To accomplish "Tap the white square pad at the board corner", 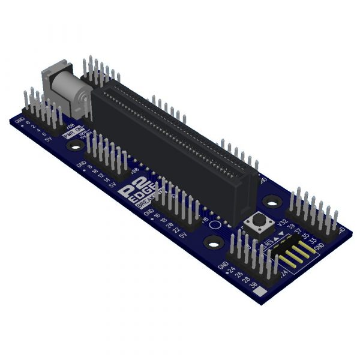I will pyautogui.click(x=262, y=293).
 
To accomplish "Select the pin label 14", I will pyautogui.click(x=106, y=179).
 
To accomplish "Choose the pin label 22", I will pyautogui.click(x=176, y=230).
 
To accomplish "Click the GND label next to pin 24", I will pyautogui.click(x=223, y=265).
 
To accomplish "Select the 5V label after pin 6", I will pyautogui.click(x=48, y=139).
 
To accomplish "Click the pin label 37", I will pyautogui.click(x=298, y=231).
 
